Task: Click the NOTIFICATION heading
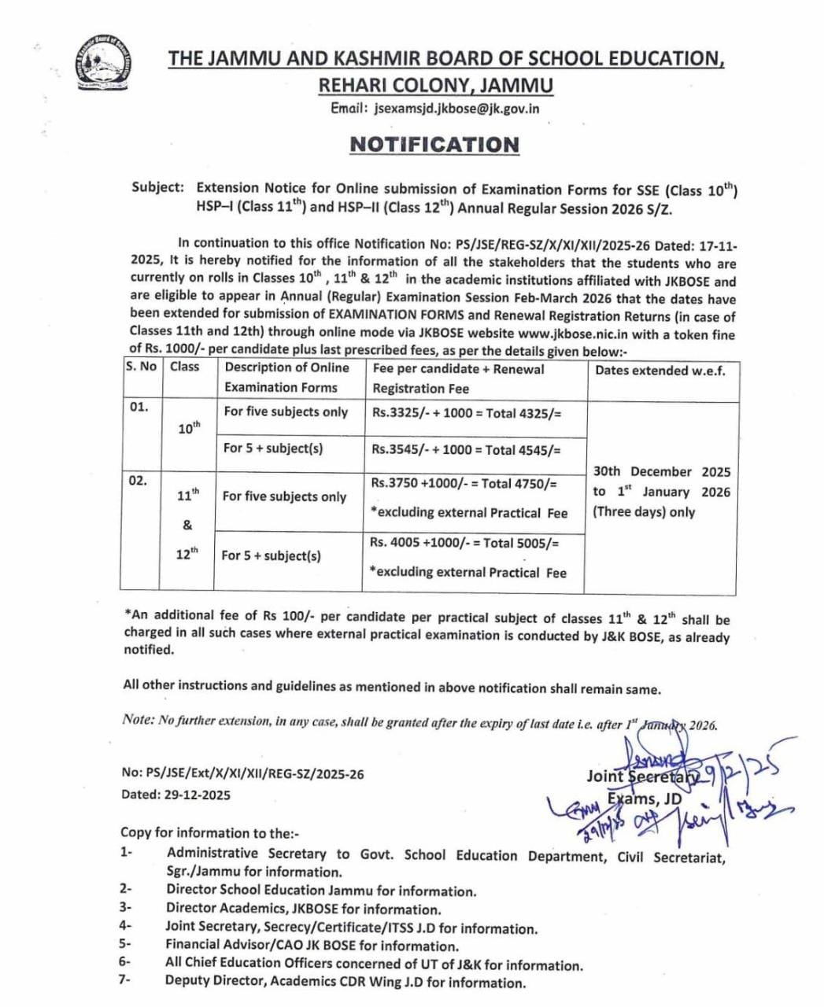434,145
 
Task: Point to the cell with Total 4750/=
464,484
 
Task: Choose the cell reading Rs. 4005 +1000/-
464,543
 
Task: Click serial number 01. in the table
139,408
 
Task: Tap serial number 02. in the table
138,480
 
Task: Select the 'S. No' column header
140,367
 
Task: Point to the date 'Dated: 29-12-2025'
176,795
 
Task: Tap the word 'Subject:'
158,188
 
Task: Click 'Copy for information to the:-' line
210,832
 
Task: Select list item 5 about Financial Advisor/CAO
312,946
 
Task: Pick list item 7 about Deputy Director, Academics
345,982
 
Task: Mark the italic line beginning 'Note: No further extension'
419,722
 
